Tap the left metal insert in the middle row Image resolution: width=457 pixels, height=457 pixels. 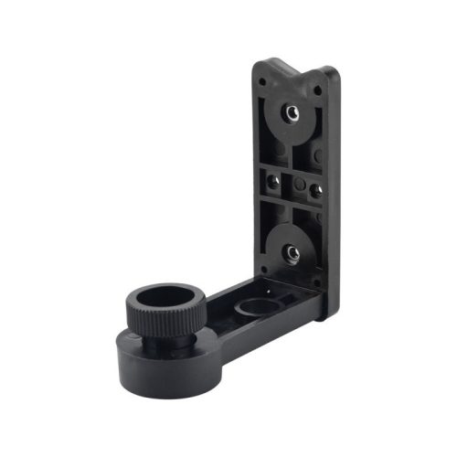(273, 176)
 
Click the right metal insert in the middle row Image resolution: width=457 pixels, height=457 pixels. (314, 189)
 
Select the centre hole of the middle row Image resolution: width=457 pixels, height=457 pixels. (293, 183)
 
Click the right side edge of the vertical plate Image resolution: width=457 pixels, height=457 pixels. (335, 192)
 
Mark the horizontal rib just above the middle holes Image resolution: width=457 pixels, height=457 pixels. (292, 165)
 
